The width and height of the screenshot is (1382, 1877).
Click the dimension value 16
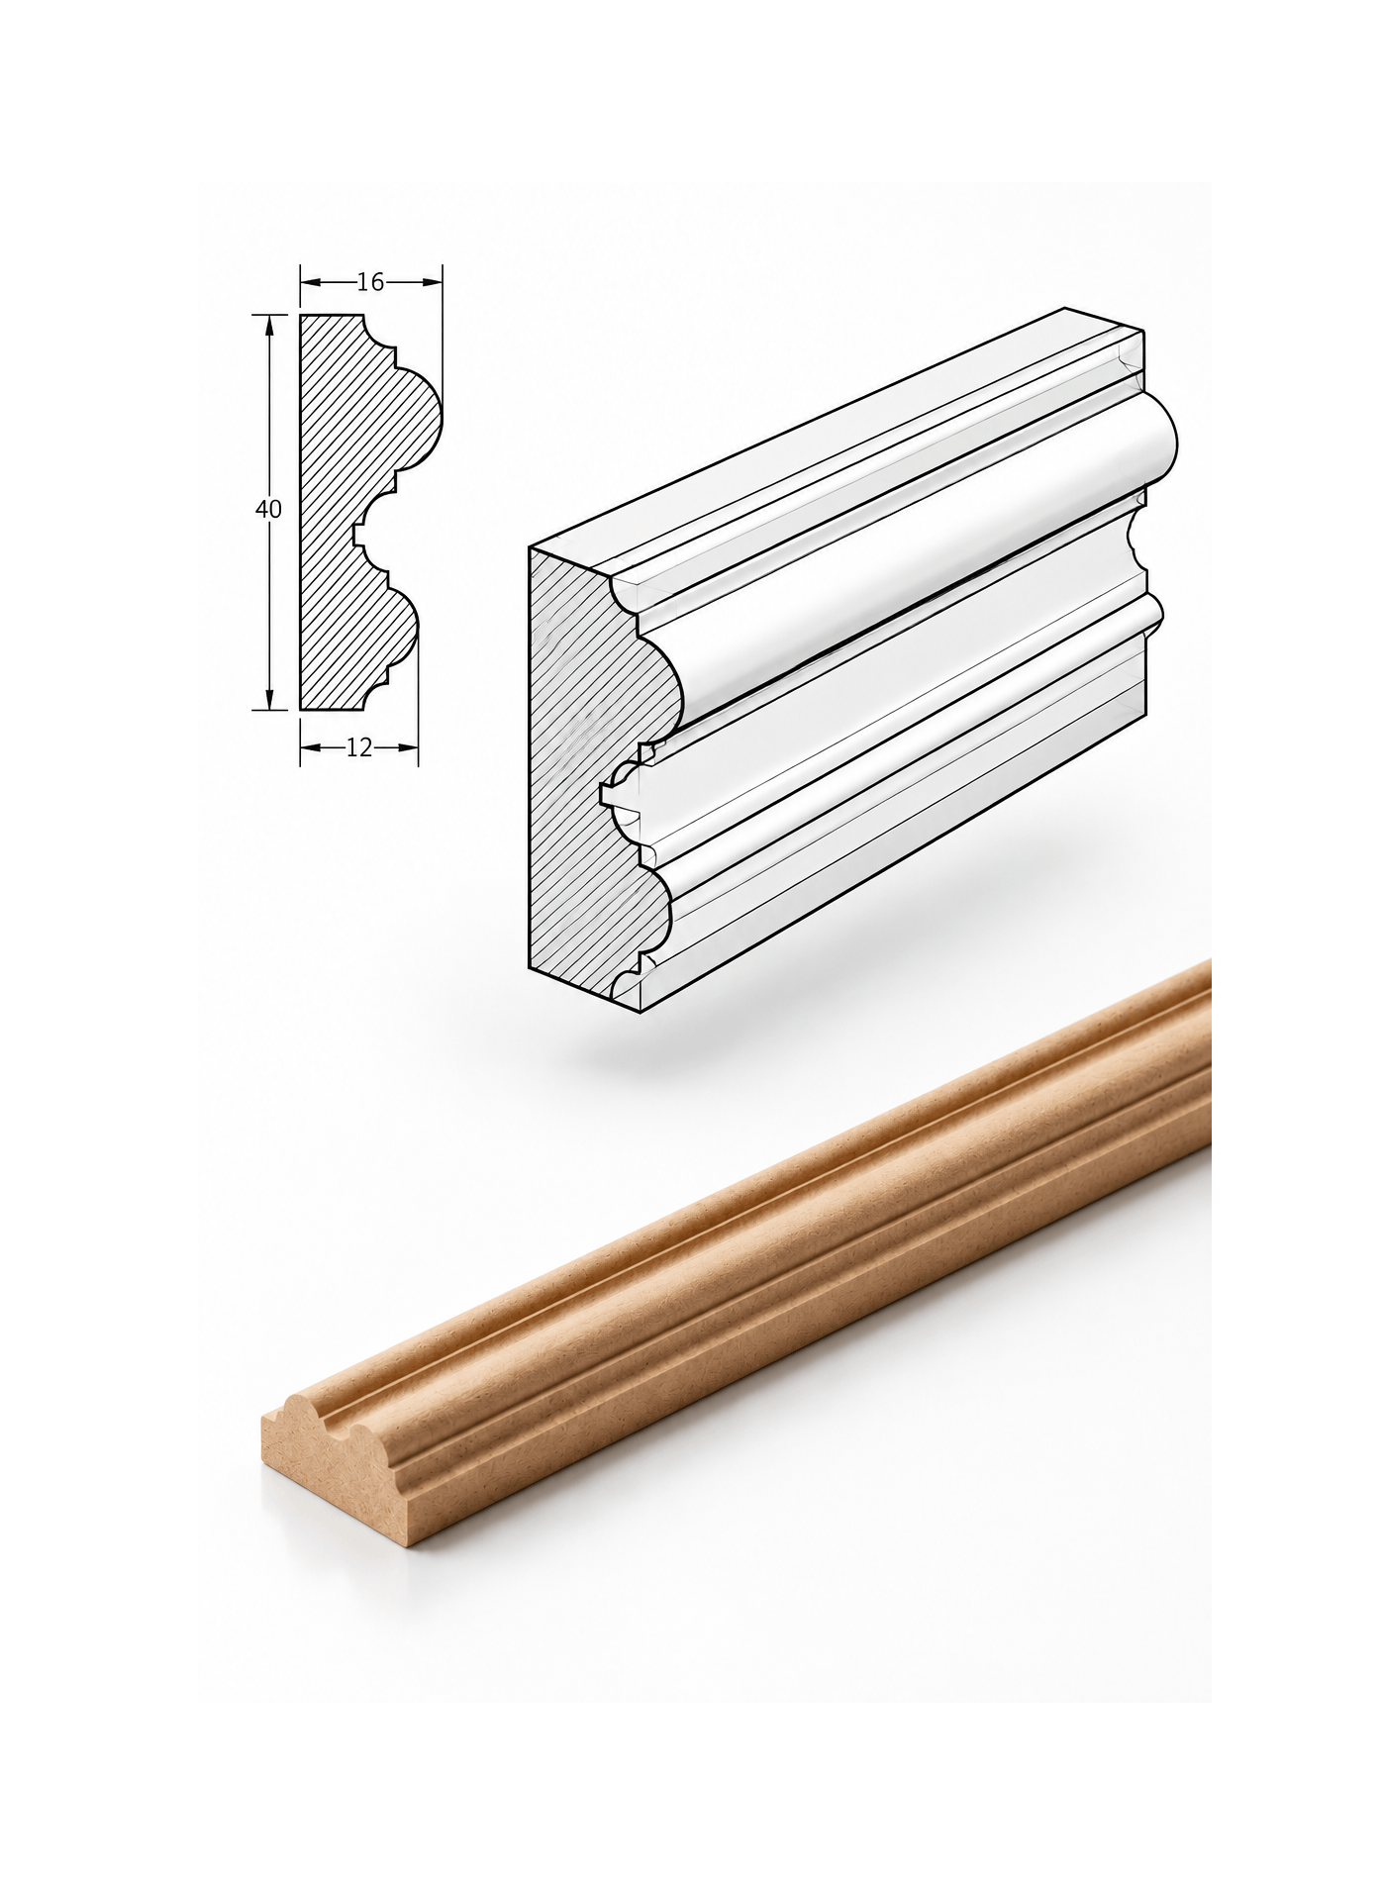tap(370, 282)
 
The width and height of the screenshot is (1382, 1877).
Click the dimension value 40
tap(268, 510)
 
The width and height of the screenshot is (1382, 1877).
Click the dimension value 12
tap(359, 748)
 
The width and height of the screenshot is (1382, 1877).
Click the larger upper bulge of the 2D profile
tap(421, 416)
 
